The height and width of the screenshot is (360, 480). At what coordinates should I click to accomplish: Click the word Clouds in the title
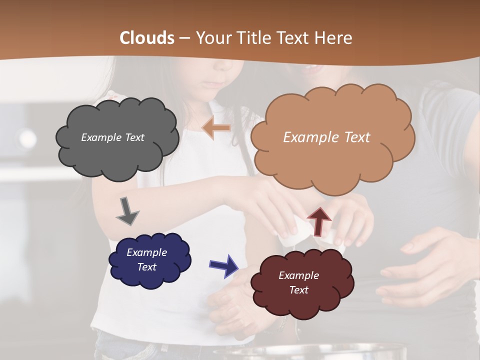(147, 38)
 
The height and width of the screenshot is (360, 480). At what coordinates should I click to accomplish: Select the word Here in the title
(334, 38)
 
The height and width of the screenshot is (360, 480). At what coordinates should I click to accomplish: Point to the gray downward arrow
(127, 211)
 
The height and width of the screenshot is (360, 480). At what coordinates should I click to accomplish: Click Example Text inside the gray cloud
(112, 137)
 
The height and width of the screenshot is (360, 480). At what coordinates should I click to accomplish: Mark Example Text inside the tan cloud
(326, 137)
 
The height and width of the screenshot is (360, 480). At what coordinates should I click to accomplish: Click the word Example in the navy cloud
(146, 252)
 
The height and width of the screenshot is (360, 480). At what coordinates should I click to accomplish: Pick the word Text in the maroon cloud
(298, 290)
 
